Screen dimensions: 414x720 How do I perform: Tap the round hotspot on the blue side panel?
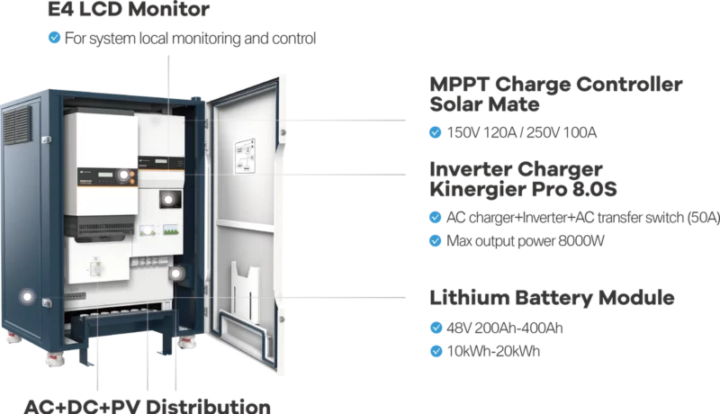[x=30, y=296]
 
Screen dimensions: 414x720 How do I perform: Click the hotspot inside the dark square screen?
[x=166, y=199]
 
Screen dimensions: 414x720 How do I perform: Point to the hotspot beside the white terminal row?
[x=179, y=273]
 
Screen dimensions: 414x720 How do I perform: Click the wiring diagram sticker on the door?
[x=243, y=157]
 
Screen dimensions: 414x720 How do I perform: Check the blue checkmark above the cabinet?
[x=55, y=38]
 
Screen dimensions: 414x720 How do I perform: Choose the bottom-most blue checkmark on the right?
[x=436, y=351]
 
